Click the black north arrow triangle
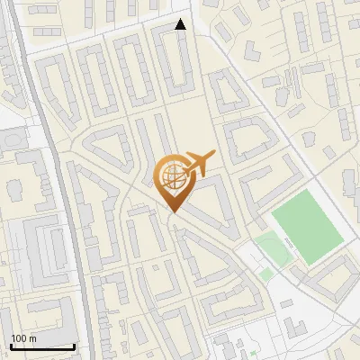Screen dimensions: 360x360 (181, 25)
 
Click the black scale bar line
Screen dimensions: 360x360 (42, 346)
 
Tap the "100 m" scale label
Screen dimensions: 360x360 (23, 338)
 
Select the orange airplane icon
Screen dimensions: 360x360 (198, 165)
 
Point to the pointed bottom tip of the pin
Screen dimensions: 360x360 (172, 212)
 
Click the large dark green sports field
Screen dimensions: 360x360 (307, 225)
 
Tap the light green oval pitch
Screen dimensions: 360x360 (273, 249)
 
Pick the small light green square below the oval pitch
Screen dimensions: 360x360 (266, 274)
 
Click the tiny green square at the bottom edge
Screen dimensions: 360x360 (254, 352)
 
